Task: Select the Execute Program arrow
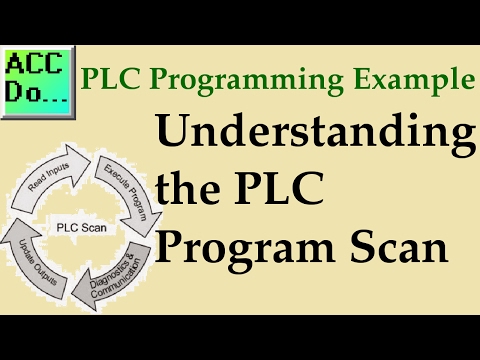click(x=120, y=189)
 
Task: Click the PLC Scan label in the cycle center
click(x=86, y=227)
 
